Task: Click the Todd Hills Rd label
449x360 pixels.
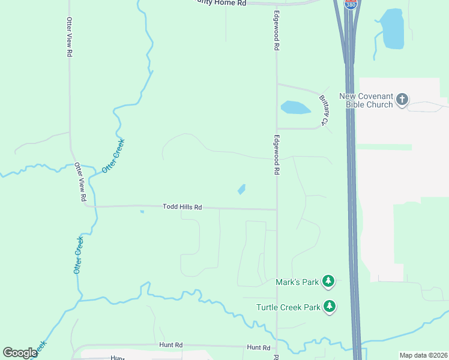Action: pyautogui.click(x=182, y=207)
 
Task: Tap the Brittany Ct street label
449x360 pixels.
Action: pyautogui.click(x=325, y=110)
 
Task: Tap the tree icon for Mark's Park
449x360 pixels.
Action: pyautogui.click(x=328, y=281)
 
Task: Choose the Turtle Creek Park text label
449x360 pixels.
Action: pyautogui.click(x=288, y=307)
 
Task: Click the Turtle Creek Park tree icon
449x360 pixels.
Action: pyautogui.click(x=329, y=307)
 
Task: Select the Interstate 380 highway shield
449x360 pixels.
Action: pyautogui.click(x=350, y=4)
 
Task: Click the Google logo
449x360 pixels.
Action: pyautogui.click(x=20, y=353)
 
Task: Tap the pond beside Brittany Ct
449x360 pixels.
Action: pyautogui.click(x=295, y=107)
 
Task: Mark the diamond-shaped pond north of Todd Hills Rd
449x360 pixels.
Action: pyautogui.click(x=241, y=189)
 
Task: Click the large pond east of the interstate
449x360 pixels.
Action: pyautogui.click(x=393, y=29)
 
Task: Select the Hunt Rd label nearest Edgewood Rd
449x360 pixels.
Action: pyautogui.click(x=259, y=347)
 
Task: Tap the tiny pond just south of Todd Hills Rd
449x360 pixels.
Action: pyautogui.click(x=142, y=211)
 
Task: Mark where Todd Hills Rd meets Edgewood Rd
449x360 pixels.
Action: pyautogui.click(x=276, y=209)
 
